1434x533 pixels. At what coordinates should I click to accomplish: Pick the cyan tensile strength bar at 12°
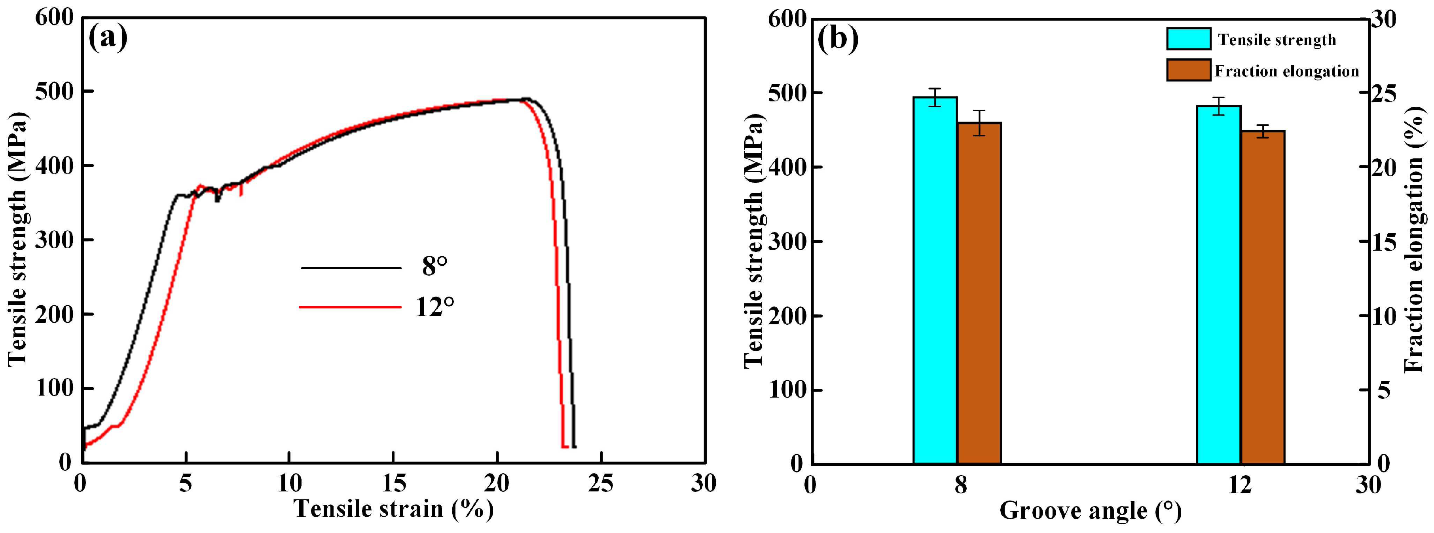click(1219, 284)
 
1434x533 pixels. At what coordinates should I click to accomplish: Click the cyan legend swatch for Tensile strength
click(1189, 39)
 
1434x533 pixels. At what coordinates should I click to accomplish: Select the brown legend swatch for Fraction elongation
click(1189, 70)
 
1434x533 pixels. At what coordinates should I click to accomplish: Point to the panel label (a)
click(108, 38)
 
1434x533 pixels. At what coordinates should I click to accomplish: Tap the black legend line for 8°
click(351, 268)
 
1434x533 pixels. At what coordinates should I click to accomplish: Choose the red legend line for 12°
click(351, 307)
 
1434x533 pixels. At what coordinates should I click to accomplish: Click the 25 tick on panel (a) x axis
click(601, 484)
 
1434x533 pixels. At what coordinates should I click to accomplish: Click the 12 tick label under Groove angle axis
click(1240, 485)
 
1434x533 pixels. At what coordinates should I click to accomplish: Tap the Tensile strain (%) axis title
click(394, 508)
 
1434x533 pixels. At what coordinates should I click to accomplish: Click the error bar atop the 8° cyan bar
click(935, 97)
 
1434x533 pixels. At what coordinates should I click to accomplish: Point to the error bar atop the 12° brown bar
click(1263, 131)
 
